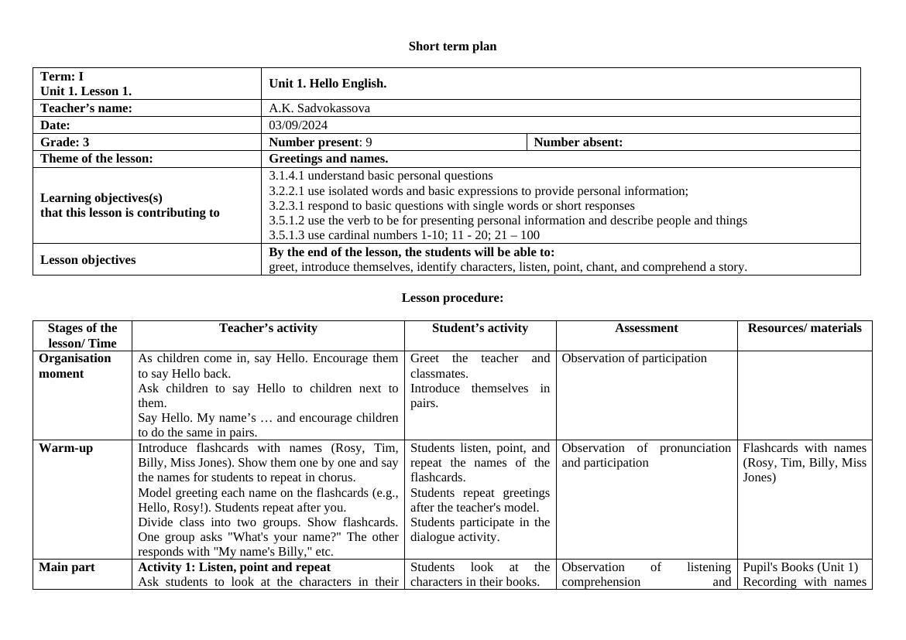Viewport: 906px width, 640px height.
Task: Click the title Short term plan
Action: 452,46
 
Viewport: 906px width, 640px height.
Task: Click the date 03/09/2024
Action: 298,125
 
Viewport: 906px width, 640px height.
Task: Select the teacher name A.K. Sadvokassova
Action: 319,108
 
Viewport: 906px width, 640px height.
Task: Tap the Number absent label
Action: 578,142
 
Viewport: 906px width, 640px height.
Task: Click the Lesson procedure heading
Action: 452,298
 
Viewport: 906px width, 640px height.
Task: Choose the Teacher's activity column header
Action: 268,328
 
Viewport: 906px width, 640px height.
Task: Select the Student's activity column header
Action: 480,328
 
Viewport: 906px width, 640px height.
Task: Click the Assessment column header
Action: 647,328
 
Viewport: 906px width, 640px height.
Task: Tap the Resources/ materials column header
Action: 805,328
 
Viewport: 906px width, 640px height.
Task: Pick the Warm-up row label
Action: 66,448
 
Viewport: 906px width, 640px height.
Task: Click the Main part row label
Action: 67,567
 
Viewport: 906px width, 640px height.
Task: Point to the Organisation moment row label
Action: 74,366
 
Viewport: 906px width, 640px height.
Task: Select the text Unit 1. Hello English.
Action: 328,84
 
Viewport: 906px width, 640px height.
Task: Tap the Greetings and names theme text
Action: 328,159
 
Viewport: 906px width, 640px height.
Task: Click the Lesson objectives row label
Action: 88,260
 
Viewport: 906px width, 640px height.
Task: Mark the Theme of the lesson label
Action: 96,159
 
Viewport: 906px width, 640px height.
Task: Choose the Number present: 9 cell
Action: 320,142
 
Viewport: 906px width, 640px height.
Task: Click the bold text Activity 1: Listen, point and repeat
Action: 234,567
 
